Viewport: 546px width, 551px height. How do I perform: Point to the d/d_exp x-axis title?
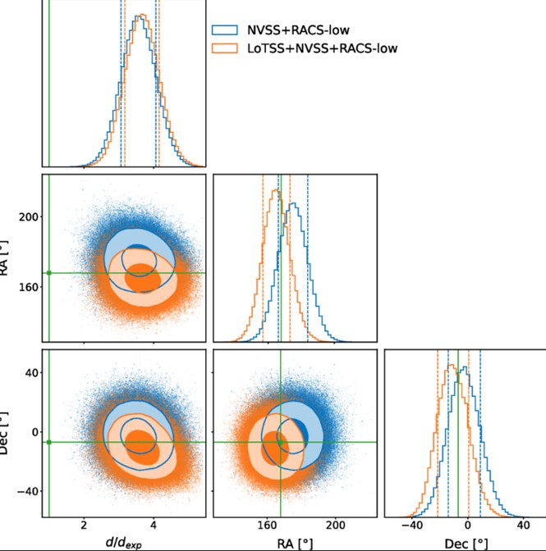(123, 542)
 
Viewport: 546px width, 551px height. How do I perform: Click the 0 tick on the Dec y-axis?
(34, 431)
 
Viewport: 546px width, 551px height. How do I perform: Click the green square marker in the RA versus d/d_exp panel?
(49, 273)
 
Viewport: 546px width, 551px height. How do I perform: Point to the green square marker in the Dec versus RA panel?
(280, 442)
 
